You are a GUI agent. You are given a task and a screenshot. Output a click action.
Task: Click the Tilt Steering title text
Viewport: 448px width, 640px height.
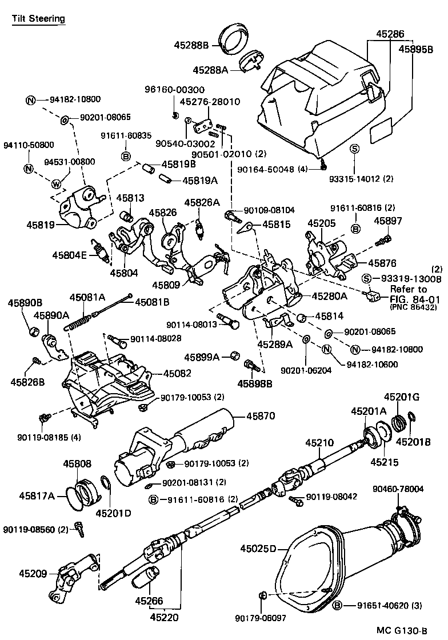[39, 19]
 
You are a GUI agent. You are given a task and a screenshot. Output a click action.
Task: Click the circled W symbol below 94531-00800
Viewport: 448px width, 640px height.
[56, 184]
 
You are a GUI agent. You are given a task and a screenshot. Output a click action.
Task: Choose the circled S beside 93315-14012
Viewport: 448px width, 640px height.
[354, 149]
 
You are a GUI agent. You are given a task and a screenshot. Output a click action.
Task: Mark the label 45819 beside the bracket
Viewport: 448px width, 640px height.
[41, 225]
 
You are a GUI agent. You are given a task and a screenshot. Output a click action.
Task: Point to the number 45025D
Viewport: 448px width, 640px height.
[258, 549]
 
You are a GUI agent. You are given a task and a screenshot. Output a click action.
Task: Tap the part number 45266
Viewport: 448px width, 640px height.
[149, 601]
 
